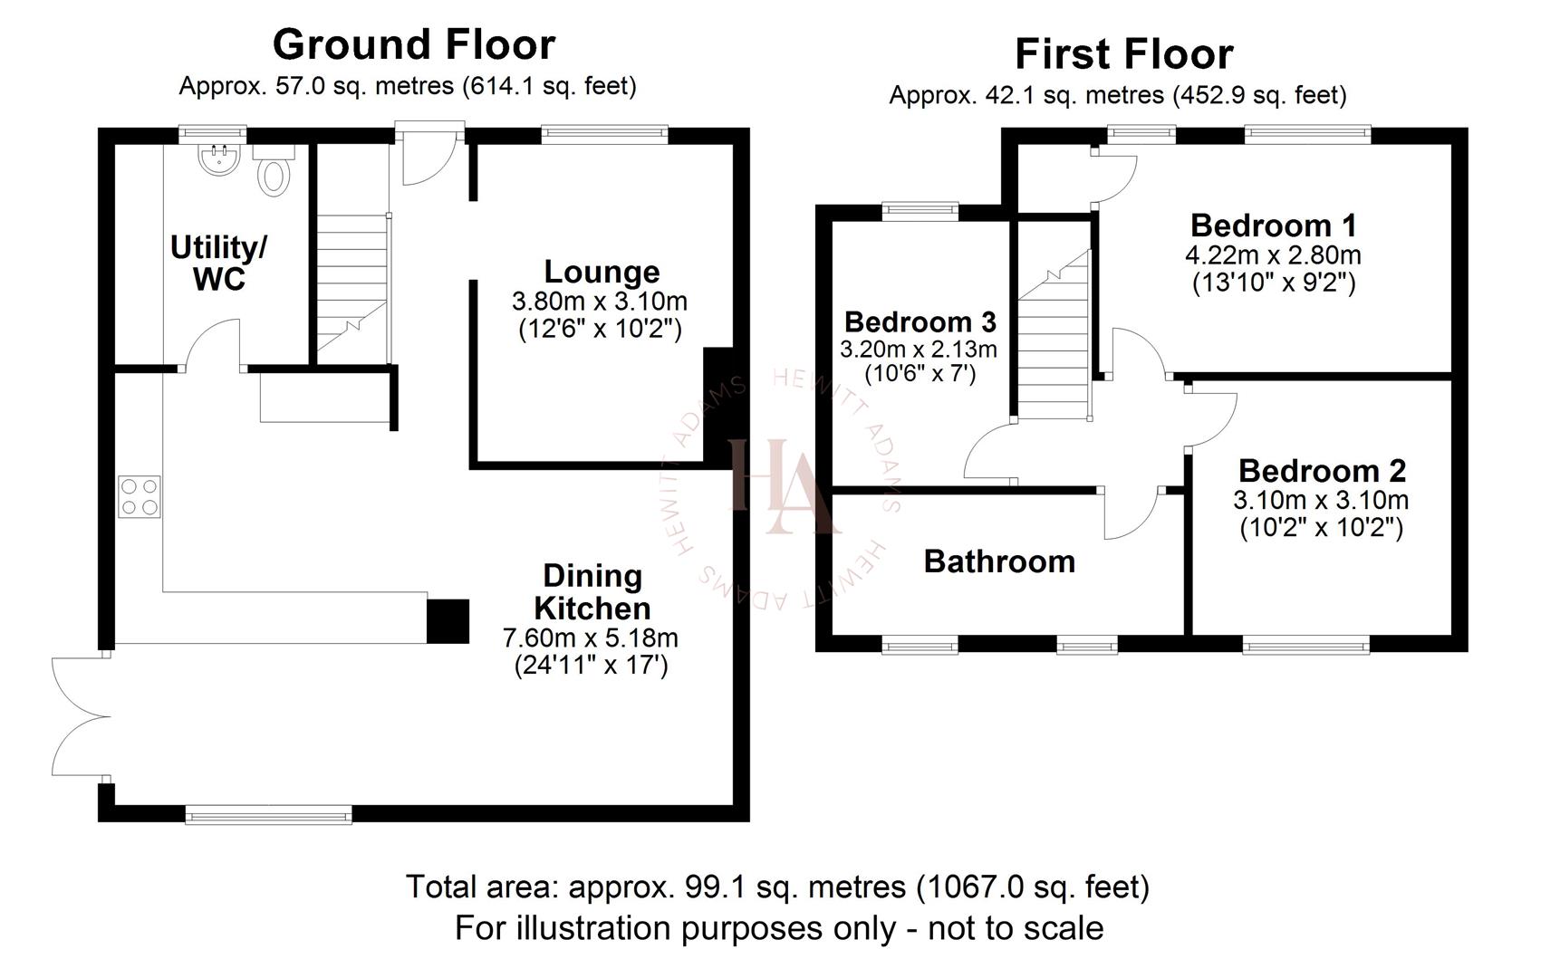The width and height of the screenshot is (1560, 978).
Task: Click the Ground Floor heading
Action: click(x=413, y=44)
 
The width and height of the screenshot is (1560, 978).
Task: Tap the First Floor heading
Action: click(x=1123, y=54)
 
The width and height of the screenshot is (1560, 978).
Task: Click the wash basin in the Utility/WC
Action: click(x=218, y=161)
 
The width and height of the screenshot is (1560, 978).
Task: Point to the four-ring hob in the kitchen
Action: click(x=139, y=497)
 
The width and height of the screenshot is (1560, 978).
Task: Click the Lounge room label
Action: click(x=602, y=272)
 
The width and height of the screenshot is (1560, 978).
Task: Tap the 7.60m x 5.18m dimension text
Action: click(x=590, y=638)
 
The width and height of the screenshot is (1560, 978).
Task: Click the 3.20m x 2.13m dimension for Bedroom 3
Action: click(x=918, y=349)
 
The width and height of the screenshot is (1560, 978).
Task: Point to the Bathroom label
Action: click(x=999, y=561)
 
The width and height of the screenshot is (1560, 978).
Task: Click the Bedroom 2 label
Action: click(x=1322, y=471)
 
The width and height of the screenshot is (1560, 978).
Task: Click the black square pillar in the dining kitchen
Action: click(x=448, y=621)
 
